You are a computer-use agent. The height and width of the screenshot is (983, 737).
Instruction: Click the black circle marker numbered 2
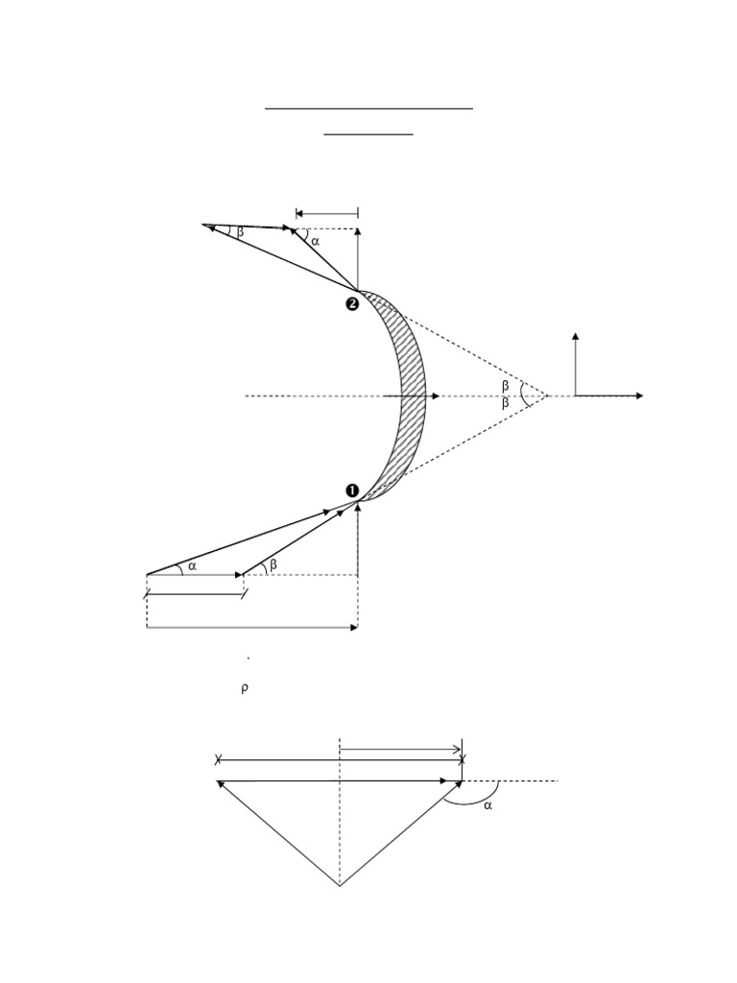coord(352,304)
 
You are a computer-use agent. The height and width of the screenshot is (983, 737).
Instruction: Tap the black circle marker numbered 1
coord(352,491)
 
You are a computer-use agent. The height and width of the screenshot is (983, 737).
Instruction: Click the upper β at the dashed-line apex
coord(506,386)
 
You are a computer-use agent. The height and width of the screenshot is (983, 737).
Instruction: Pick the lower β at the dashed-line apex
coord(506,404)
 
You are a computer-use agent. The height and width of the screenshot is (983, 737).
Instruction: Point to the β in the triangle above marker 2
coord(240,231)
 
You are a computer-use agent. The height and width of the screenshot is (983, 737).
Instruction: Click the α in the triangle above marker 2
coord(314,241)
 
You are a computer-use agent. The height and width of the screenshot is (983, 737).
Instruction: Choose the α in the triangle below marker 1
coord(192,566)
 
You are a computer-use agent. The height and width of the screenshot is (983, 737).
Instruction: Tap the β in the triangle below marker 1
coord(273,565)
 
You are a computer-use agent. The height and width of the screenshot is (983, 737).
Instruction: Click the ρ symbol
coord(245,688)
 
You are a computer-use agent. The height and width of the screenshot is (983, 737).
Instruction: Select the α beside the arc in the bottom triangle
coord(487,806)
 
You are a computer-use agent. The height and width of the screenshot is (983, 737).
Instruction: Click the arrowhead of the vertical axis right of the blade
coord(576,336)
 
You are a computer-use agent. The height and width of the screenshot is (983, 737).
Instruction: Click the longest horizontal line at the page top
coord(369,108)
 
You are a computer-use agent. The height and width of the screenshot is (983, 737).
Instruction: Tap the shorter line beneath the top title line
coord(368,134)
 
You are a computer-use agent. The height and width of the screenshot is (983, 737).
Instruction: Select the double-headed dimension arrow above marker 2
coord(327,213)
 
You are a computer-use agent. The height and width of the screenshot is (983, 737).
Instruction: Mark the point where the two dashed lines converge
coord(548,396)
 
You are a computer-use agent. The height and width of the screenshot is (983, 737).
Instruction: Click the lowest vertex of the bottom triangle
coord(340,885)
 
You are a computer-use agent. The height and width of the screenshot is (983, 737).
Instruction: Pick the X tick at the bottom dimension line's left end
coord(219,760)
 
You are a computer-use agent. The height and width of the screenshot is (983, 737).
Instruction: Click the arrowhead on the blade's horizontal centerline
coord(436,396)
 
